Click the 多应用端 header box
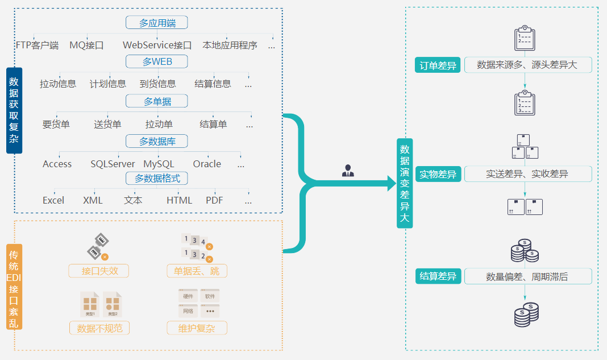click(x=156, y=23)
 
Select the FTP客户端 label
click(x=37, y=45)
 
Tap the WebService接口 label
click(x=157, y=45)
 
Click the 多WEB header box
click(x=156, y=61)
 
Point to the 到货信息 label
click(x=157, y=84)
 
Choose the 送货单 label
click(x=107, y=125)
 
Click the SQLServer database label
click(x=113, y=164)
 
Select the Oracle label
click(x=207, y=164)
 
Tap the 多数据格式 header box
click(x=157, y=179)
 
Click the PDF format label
click(x=214, y=200)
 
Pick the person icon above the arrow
click(x=348, y=171)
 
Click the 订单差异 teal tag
click(x=438, y=65)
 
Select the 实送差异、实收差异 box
click(x=527, y=174)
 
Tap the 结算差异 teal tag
click(x=438, y=277)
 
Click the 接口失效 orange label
click(x=99, y=271)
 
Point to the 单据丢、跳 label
click(x=197, y=271)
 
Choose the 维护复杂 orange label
click(x=197, y=328)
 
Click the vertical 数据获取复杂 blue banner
click(x=14, y=110)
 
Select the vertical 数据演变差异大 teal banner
click(x=405, y=183)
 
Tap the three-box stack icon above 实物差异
click(x=525, y=146)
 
